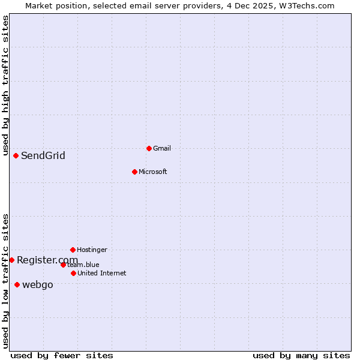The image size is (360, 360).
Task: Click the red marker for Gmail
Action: tap(149, 148)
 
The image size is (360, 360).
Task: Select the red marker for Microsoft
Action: tap(134, 172)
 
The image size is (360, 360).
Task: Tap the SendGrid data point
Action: tap(16, 155)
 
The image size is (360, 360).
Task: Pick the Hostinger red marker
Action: tap(73, 250)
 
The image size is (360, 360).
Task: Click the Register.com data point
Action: tap(11, 260)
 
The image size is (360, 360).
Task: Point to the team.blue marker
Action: tap(63, 265)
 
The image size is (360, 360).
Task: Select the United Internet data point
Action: tap(73, 273)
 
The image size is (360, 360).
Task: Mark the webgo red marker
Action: tap(17, 284)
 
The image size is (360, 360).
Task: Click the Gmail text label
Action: tap(161, 148)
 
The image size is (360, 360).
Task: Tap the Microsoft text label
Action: tap(152, 172)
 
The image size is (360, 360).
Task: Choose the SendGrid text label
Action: tap(43, 156)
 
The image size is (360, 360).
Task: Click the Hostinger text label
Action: tap(92, 250)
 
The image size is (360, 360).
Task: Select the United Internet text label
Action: tap(101, 273)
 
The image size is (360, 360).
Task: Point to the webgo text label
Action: tap(37, 285)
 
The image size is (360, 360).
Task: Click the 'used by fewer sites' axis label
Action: tap(62, 355)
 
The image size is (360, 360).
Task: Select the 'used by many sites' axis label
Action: tap(301, 355)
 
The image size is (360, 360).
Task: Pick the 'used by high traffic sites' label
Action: tap(5, 85)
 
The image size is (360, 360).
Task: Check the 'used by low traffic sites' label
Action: tap(5, 280)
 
